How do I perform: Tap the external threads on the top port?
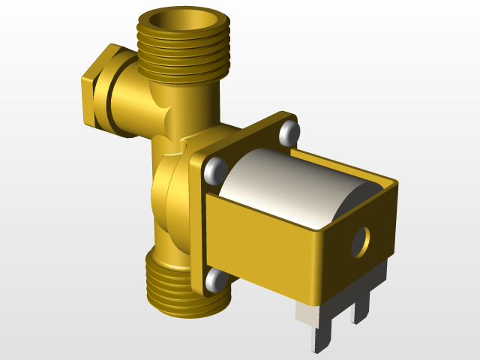tap(183, 56)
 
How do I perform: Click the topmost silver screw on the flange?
tap(288, 133)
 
